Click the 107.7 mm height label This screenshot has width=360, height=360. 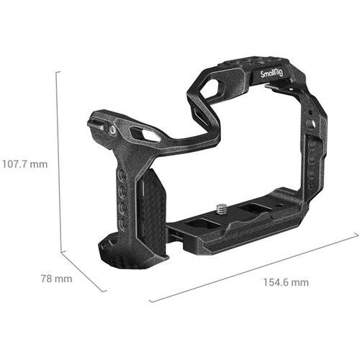point(24,163)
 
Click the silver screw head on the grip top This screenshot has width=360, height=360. point(113,130)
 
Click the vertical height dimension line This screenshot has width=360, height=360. point(59,162)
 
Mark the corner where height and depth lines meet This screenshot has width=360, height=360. point(60,253)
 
